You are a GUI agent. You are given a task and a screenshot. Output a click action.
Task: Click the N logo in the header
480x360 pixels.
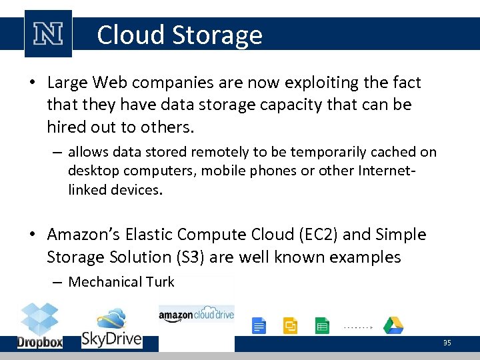tap(48, 33)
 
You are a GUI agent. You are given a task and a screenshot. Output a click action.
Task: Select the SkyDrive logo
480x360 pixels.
tap(112, 328)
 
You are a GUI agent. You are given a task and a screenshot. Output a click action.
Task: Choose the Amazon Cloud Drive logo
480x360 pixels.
tap(196, 314)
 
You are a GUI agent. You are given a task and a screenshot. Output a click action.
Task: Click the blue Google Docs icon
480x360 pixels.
tap(259, 326)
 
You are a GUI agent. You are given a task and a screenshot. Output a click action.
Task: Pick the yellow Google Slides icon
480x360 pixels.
tap(291, 326)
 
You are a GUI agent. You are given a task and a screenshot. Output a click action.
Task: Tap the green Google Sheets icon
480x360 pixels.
tap(322, 326)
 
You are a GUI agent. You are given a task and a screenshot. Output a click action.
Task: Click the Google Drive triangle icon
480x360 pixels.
tap(393, 325)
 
